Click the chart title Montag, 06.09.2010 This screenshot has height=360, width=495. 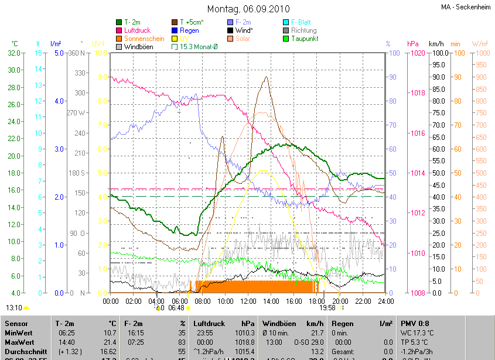click(x=247, y=9)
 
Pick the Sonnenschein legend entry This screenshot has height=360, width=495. click(x=144, y=38)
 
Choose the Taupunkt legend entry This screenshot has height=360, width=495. click(x=304, y=38)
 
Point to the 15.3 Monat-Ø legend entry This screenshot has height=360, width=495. click(x=199, y=46)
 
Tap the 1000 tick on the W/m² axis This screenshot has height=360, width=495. click(x=480, y=53)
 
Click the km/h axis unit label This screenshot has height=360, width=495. click(x=436, y=44)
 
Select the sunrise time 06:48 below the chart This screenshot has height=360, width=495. click(x=176, y=307)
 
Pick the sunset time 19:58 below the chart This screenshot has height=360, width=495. click(x=327, y=307)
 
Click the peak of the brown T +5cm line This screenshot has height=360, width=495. click(x=266, y=77)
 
